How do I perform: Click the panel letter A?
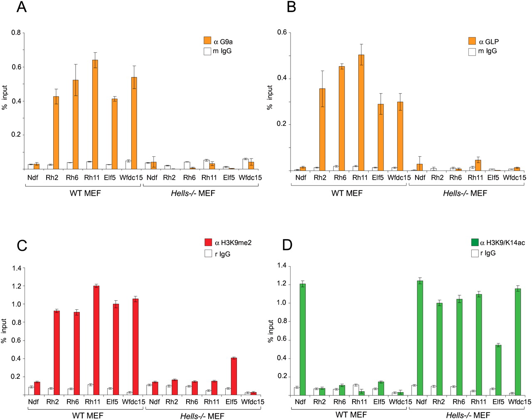point(22,7)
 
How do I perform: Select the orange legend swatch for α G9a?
point(207,41)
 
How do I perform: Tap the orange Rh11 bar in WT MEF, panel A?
point(95,114)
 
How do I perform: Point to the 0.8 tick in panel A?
point(16,32)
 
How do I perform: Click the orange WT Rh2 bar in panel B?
point(322,129)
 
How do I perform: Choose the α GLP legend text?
point(489,42)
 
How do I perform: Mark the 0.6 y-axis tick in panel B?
point(282,32)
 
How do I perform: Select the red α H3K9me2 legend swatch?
point(209,242)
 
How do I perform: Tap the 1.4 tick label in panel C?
point(17,268)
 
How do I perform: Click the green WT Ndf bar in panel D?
point(303,339)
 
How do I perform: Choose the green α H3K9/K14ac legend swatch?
point(475,242)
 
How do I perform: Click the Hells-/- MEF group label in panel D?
point(468,415)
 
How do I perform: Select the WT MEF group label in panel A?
point(85,193)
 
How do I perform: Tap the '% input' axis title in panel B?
point(270,98)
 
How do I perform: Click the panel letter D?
point(287,245)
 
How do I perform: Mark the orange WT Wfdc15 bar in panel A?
point(134,123)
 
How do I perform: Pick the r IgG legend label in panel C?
point(222,254)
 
